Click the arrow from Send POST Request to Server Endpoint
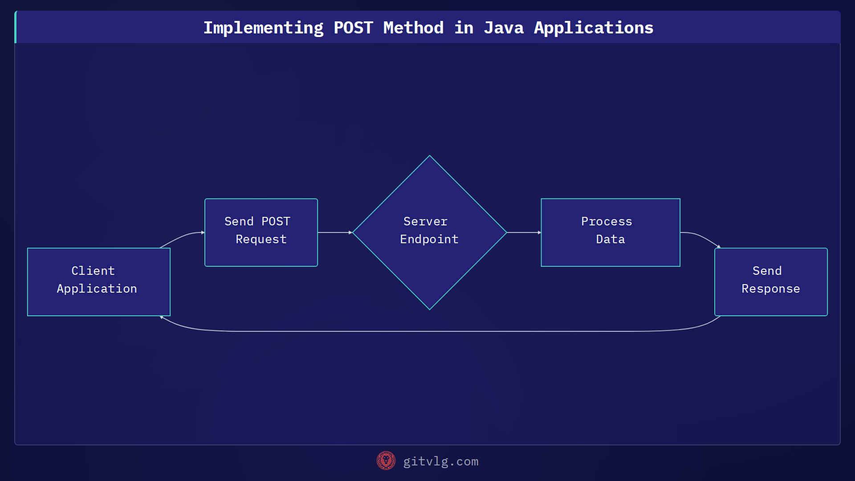pos(334,232)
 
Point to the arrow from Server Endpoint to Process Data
pos(524,232)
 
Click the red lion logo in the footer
pos(386,461)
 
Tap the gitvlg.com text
pos(440,461)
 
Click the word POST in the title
pos(353,28)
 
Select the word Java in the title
pos(504,28)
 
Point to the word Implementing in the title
pos(264,28)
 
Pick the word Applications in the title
pos(594,28)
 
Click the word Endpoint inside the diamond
pos(429,240)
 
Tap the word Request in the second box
pos(261,240)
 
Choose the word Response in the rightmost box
pos(771,289)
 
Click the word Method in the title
pos(413,28)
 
